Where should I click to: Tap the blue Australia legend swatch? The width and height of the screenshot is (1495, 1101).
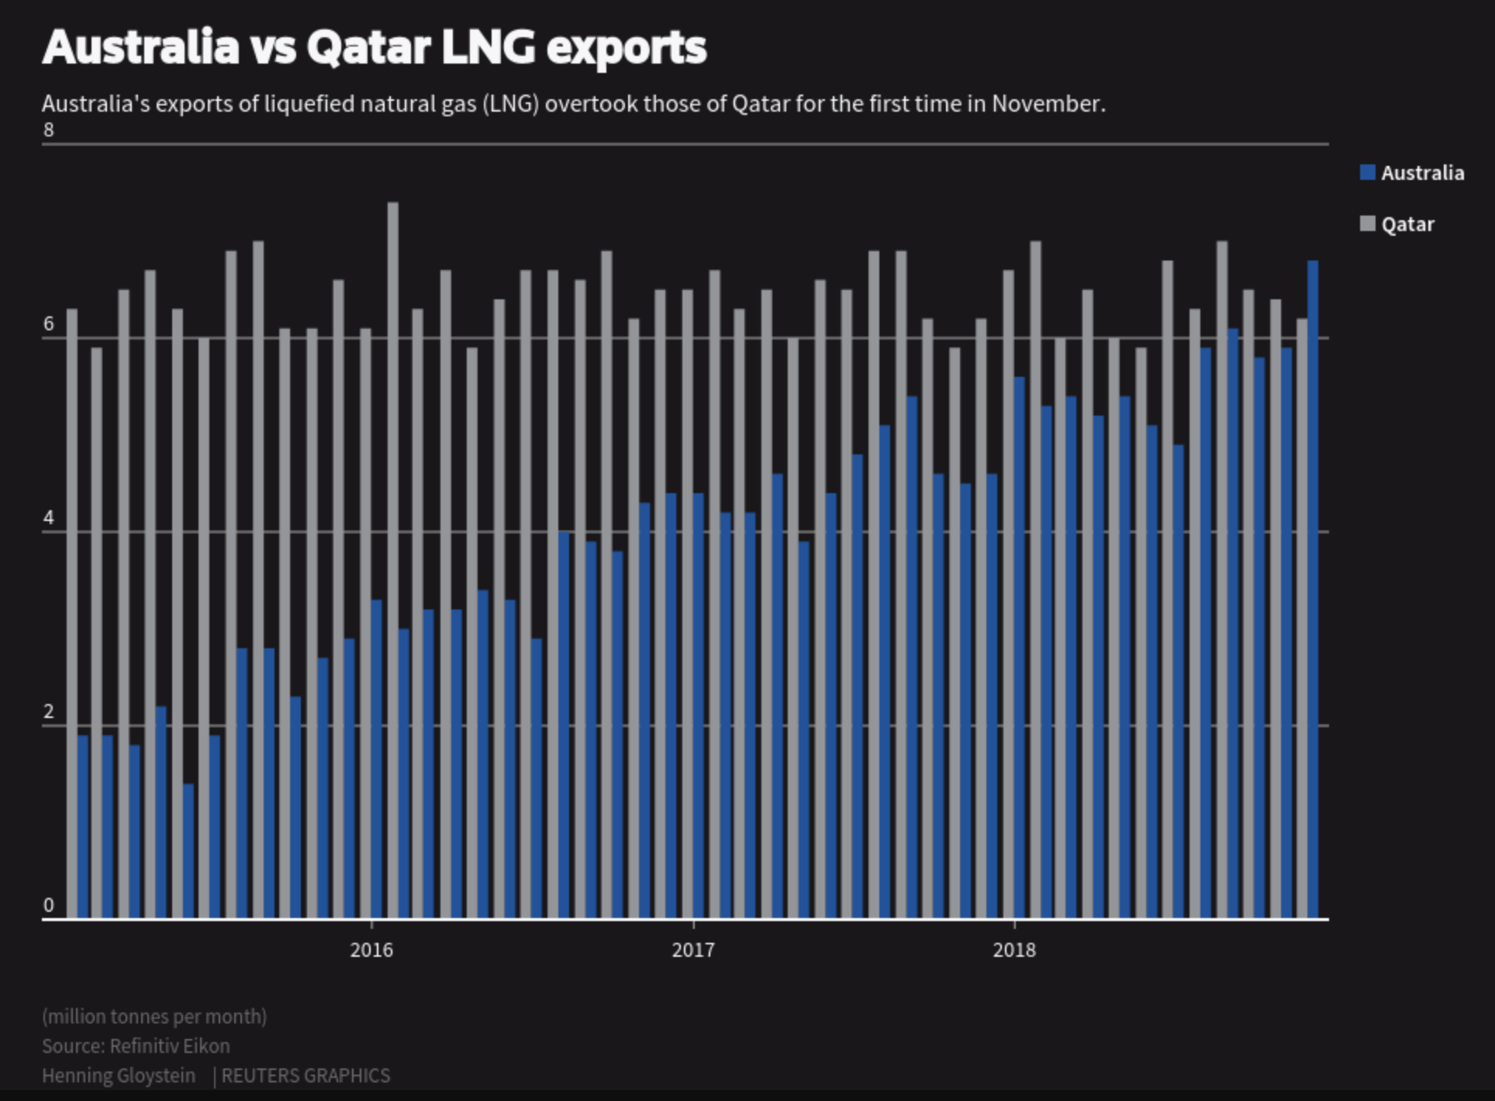[1368, 173]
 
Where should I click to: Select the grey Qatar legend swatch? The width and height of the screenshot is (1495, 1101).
[1368, 224]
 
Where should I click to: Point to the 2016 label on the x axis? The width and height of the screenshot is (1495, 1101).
[371, 950]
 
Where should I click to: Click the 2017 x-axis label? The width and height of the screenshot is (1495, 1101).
[693, 950]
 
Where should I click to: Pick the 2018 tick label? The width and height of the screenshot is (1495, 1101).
[1014, 950]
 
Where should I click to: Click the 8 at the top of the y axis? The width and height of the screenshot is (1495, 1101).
[49, 130]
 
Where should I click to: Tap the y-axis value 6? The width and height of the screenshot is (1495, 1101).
[49, 324]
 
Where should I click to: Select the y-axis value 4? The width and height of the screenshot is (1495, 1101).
[49, 518]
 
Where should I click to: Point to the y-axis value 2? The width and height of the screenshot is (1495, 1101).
[49, 712]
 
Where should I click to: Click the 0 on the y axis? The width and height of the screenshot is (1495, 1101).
[49, 906]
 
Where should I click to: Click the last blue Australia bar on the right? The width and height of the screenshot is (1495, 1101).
[1313, 589]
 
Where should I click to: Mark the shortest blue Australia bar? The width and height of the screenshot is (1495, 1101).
[188, 851]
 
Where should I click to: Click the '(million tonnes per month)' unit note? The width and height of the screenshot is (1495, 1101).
[154, 1016]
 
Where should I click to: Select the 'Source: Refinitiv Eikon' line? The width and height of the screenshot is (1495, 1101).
[136, 1046]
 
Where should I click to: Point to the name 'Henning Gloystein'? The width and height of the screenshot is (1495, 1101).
[119, 1075]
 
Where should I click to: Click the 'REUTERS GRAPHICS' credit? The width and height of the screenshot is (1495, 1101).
[306, 1075]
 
